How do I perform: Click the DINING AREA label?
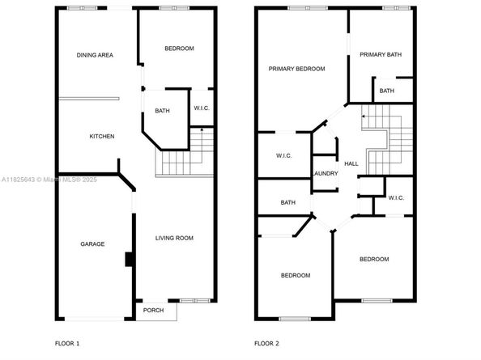pyautogui.click(x=95, y=55)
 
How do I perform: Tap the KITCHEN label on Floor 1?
pyautogui.click(x=101, y=136)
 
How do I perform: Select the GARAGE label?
pyautogui.click(x=92, y=244)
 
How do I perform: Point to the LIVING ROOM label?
pyautogui.click(x=174, y=238)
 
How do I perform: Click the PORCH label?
pyautogui.click(x=153, y=311)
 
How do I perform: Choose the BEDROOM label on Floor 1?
pyautogui.click(x=179, y=49)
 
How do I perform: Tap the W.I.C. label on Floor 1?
pyautogui.click(x=202, y=109)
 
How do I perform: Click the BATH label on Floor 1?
pyautogui.click(x=162, y=111)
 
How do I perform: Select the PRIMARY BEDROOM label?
pyautogui.click(x=296, y=69)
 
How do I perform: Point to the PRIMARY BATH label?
pyautogui.click(x=381, y=54)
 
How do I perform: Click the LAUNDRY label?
pyautogui.click(x=325, y=173)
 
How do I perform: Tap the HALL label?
pyautogui.click(x=351, y=163)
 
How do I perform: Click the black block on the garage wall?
pyautogui.click(x=127, y=260)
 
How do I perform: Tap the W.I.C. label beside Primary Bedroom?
pyautogui.click(x=283, y=155)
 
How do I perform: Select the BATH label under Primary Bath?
pyautogui.click(x=387, y=91)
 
